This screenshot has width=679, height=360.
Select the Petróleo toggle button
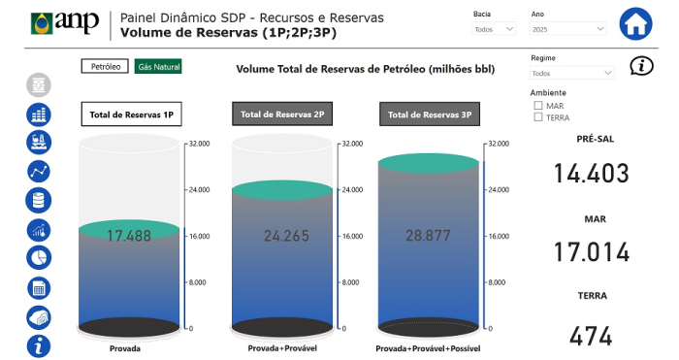click(x=106, y=67)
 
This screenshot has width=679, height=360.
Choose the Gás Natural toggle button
click(x=158, y=67)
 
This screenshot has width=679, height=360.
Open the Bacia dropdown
click(x=498, y=29)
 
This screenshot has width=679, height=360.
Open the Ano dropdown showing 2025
click(x=568, y=29)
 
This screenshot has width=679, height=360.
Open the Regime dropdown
click(x=572, y=73)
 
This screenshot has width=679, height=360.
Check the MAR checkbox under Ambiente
click(x=538, y=105)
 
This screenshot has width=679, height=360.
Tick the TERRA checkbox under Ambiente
click(x=538, y=117)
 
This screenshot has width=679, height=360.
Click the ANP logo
click(x=65, y=22)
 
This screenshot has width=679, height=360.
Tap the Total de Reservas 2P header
click(x=278, y=114)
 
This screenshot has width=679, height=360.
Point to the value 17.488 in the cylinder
click(x=129, y=236)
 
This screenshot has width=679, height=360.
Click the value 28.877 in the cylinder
click(x=427, y=236)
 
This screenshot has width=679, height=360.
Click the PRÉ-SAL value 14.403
click(x=591, y=174)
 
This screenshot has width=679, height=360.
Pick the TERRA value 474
click(x=591, y=336)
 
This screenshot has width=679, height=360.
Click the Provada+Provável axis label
click(x=278, y=347)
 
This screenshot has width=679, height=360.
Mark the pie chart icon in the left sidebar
click(x=39, y=259)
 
